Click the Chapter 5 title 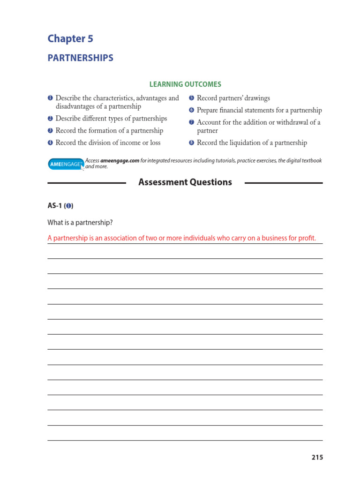(x=70, y=38)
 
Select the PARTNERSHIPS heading (x=80, y=58)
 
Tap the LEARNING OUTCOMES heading (x=185, y=84)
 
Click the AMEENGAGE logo (x=66, y=164)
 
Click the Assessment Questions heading (x=185, y=182)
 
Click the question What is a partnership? (x=80, y=222)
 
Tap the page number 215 (x=317, y=457)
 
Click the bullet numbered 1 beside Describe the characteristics (x=50, y=98)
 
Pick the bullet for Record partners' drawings (x=191, y=98)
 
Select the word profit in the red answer (x=312, y=238)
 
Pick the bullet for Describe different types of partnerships (x=50, y=119)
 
